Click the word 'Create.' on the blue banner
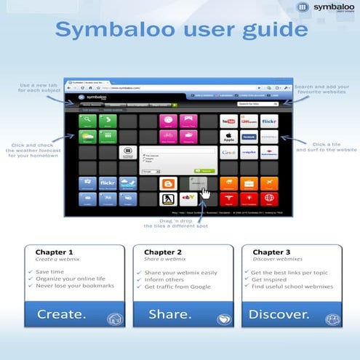[x=61, y=314]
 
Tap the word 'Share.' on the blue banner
[x=169, y=314]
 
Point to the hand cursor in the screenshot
[x=205, y=194]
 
